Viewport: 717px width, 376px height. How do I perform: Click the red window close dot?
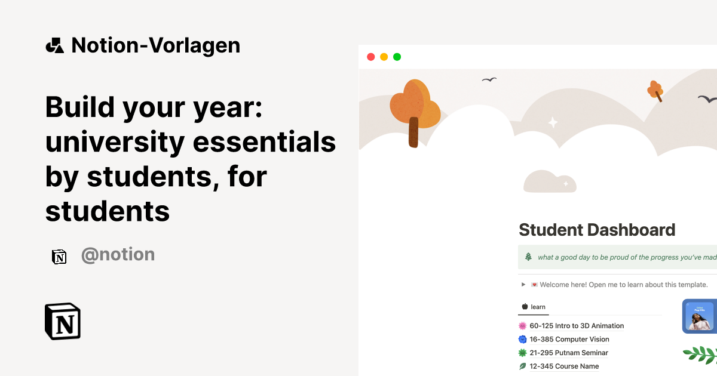pos(370,57)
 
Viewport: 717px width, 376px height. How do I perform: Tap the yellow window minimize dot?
pos(384,57)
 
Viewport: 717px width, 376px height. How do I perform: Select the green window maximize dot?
pos(397,57)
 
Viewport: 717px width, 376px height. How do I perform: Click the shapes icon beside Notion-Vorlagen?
pos(54,45)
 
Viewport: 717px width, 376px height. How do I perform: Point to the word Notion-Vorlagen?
pos(155,45)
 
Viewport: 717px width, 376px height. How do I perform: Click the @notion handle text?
pos(118,255)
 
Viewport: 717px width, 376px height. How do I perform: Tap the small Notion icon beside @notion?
pos(59,257)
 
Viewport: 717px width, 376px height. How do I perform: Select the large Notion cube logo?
pos(63,322)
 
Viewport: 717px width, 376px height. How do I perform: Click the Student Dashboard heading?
pos(597,230)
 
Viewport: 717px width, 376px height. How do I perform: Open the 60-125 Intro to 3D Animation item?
pos(576,326)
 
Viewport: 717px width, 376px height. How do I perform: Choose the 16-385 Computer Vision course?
pos(569,340)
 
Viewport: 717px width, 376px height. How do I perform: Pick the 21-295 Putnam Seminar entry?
pos(568,353)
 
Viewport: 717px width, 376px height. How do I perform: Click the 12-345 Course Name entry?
pos(564,366)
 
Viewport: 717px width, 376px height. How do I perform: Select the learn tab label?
pos(538,307)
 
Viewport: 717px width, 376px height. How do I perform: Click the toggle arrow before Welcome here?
pos(523,285)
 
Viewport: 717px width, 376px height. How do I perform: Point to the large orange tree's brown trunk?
pos(413,132)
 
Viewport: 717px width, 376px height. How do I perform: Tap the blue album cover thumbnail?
pos(698,316)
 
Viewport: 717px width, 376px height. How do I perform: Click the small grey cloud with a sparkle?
pos(550,182)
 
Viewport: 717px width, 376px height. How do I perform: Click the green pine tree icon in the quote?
pos(528,257)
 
